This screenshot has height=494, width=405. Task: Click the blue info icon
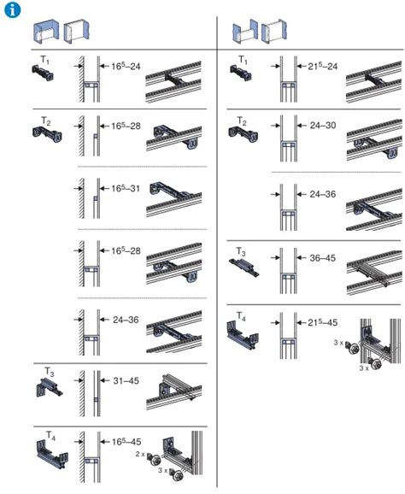pyautogui.click(x=12, y=9)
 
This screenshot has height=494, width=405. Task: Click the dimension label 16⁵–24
pyautogui.click(x=126, y=66)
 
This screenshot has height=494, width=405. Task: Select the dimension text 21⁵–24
pyautogui.click(x=322, y=66)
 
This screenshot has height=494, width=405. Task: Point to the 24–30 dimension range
pyautogui.click(x=323, y=126)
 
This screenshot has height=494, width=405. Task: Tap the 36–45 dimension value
pyautogui.click(x=323, y=258)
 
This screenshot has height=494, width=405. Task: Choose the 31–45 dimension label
pyautogui.click(x=126, y=380)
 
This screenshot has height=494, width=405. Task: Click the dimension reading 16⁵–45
pyautogui.click(x=126, y=442)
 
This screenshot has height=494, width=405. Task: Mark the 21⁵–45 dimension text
pyautogui.click(x=322, y=322)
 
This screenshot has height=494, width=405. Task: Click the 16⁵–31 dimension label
pyautogui.click(x=126, y=188)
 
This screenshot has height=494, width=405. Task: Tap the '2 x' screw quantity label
pyautogui.click(x=140, y=455)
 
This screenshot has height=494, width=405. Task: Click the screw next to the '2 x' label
pyautogui.click(x=155, y=461)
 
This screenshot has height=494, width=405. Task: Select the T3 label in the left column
pyautogui.click(x=50, y=372)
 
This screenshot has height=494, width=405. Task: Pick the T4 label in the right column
pyautogui.click(x=241, y=316)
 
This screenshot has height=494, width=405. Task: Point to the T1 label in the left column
pyautogui.click(x=45, y=60)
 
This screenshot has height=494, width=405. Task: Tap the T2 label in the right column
pyautogui.click(x=242, y=121)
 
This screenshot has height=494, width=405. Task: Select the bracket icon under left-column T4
pyautogui.click(x=52, y=454)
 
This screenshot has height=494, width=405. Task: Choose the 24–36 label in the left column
pyautogui.click(x=126, y=320)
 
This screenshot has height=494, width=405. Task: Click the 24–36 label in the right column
pyautogui.click(x=323, y=194)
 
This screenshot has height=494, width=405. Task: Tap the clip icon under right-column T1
pyautogui.click(x=241, y=73)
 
